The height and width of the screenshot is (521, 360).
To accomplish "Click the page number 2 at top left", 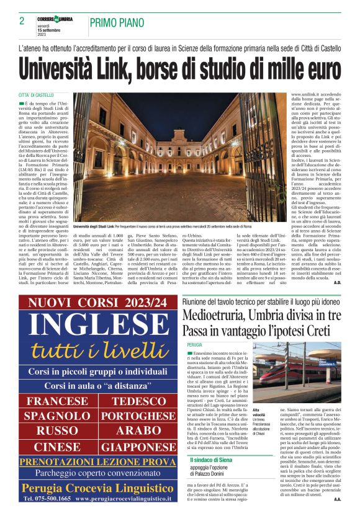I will [22, 20].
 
